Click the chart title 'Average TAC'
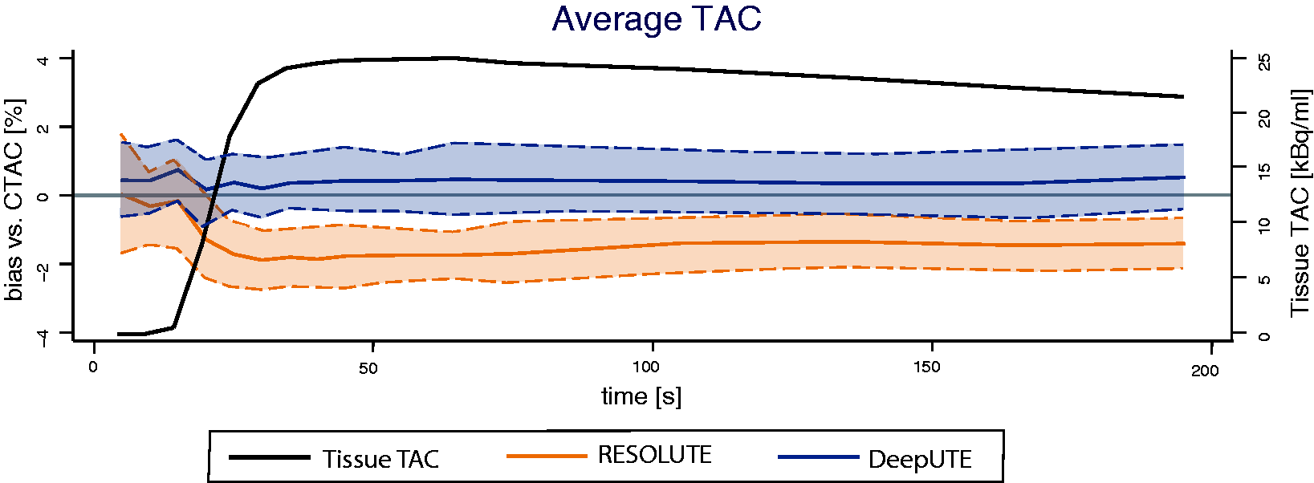(657, 18)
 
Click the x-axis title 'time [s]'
(641, 397)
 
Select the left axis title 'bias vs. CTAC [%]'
(14, 200)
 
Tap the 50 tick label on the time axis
(368, 368)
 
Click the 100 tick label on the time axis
(646, 367)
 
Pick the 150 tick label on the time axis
(927, 367)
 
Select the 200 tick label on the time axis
(1206, 371)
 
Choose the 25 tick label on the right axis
(1265, 62)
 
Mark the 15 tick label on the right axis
(1265, 172)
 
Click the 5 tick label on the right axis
(1265, 279)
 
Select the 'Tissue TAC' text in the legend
(381, 459)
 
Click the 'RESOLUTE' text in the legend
(655, 455)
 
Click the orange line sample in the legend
(547, 456)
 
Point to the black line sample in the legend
(269, 457)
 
